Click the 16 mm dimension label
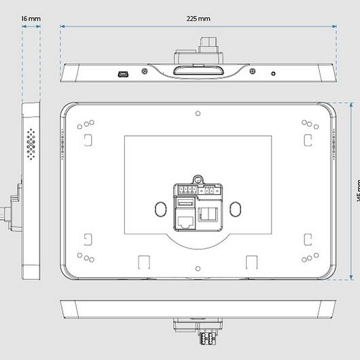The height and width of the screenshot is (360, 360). coord(29,19)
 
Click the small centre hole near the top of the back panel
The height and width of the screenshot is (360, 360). coord(198,113)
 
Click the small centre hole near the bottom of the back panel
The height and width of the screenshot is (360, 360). coord(198,267)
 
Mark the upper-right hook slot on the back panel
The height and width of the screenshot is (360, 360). coord(307,139)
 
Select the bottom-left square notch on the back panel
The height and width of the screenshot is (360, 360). coord(143,262)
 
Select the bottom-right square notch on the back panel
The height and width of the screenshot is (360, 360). coord(252,262)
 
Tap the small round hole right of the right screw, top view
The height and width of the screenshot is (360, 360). coord(273,73)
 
